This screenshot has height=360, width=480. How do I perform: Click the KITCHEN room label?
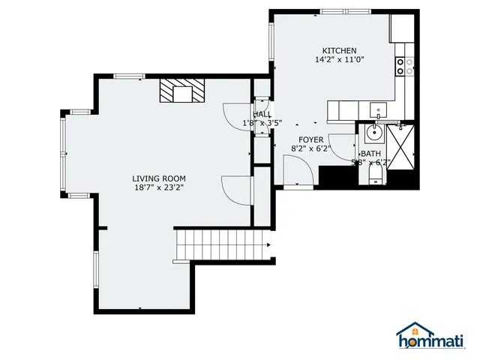point(334,50)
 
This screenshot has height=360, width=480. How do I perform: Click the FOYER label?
point(310,139)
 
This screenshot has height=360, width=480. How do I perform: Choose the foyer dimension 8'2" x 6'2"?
point(310,148)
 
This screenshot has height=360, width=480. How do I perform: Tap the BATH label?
point(370,153)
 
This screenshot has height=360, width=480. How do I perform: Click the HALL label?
point(262,113)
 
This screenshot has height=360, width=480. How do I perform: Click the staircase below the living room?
point(221,244)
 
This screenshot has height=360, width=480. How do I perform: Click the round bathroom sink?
point(373,136)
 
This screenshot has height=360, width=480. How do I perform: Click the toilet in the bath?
point(375,175)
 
